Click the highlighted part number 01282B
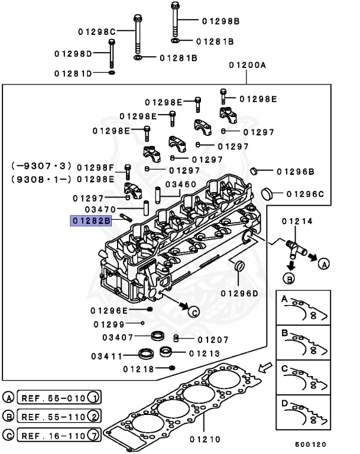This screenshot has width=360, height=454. point(91,221)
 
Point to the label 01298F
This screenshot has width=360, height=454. point(95,167)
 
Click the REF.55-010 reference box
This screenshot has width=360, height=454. point(59,397)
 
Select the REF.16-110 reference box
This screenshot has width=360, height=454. point(59,437)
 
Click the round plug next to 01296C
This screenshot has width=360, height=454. point(267,193)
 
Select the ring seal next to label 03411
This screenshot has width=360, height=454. point(145,355)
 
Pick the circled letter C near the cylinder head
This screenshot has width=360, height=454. point(194,312)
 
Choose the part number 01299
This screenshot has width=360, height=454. point(109,324)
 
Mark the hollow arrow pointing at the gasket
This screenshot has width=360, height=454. point(266,367)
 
